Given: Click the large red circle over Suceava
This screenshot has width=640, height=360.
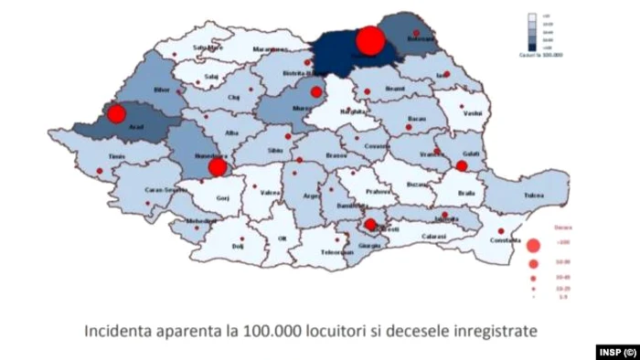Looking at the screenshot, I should click(369, 40).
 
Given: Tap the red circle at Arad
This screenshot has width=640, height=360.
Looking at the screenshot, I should click(116, 114).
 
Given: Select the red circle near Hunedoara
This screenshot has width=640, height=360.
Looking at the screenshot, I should click(217, 167).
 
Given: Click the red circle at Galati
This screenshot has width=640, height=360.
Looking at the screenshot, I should click(462, 165).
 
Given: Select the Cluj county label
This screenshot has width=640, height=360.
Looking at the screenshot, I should click(233, 96).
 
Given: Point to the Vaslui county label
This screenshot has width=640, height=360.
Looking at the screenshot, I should click(473, 116).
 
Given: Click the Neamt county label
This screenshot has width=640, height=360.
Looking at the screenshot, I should click(395, 89).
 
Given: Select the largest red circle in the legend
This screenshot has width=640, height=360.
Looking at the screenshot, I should click(533, 244).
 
